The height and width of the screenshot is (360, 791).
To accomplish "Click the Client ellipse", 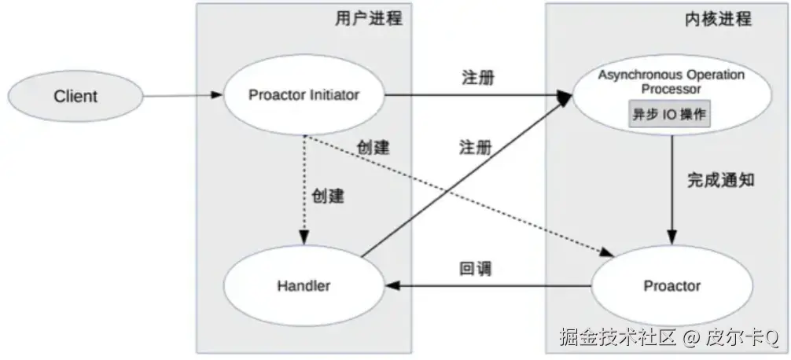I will pos(75,97).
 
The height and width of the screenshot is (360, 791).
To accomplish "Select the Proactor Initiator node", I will pos(304,95).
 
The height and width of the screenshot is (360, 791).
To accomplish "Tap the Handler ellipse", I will pos(304,285).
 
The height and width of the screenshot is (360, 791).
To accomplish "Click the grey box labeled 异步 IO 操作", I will pos(670,114).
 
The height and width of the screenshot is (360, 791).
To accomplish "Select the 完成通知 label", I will pos(721,180).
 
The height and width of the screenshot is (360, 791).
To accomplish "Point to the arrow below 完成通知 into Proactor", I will pos(671,189).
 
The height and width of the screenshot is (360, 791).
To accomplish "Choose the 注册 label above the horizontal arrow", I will pos(476,79).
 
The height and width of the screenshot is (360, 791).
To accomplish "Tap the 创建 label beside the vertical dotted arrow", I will pos(328,196).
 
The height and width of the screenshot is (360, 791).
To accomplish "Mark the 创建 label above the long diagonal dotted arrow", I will pos(373,147).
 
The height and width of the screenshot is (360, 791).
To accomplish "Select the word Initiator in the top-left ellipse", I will pos(329,95).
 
